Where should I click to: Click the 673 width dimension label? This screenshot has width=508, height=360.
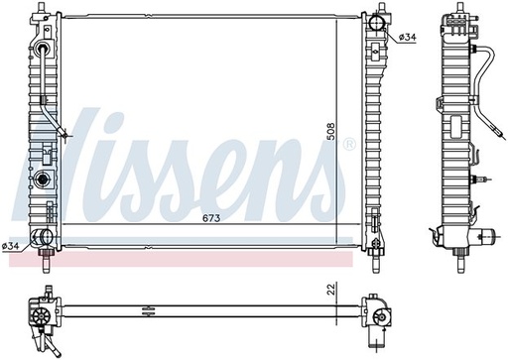coord(211,218)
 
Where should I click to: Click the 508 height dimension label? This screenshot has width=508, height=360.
coord(330,132)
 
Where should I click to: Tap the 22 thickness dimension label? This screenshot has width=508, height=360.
coord(331,289)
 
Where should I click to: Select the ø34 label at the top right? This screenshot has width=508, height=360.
coord(407,38)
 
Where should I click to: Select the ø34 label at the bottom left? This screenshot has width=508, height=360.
coord(10,246)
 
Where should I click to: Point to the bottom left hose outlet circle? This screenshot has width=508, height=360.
coord(46,237)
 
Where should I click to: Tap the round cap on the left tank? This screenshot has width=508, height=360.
coord(43,180)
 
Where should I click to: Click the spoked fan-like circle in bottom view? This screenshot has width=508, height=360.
coord(41,316)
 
